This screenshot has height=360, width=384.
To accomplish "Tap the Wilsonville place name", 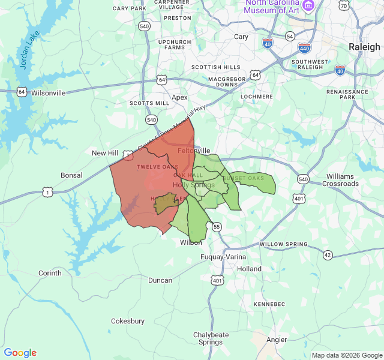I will [x=49, y=93].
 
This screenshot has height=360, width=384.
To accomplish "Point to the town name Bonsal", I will [x=71, y=175].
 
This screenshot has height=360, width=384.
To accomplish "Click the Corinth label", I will [x=50, y=273].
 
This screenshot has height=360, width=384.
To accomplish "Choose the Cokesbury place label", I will [x=128, y=321].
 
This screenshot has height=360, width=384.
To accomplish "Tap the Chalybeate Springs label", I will [x=211, y=338].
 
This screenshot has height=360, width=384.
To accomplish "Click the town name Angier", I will [x=277, y=340].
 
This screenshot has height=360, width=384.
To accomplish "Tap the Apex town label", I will [x=179, y=97].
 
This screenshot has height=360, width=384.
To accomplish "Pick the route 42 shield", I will [x=327, y=255].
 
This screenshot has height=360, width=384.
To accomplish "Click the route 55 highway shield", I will [x=217, y=226].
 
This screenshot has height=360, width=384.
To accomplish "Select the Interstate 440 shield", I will [x=304, y=47].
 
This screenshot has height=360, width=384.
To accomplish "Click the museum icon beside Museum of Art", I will [x=309, y=6].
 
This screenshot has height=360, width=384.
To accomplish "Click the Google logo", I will [x=20, y=353].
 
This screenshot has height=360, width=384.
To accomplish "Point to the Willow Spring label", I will [x=283, y=245].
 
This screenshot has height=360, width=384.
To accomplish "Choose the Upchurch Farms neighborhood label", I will [x=175, y=44].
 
